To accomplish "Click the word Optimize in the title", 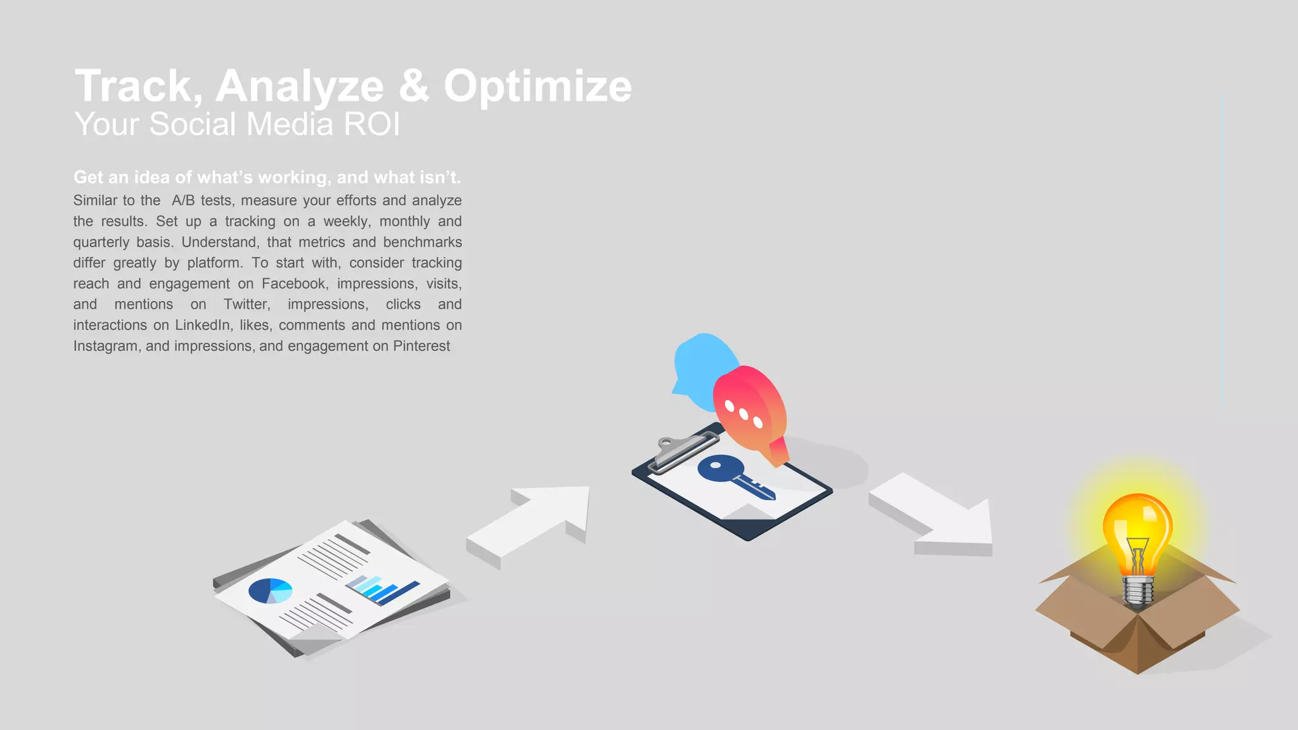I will click(x=537, y=86).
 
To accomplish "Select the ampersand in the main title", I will click(x=413, y=86).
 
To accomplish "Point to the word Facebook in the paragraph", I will click(x=294, y=284).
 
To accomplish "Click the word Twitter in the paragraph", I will click(x=247, y=305).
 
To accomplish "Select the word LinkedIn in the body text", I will click(x=202, y=326).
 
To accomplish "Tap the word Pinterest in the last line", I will click(x=421, y=347).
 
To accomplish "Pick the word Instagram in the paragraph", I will click(x=105, y=347).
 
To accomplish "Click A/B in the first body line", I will click(x=183, y=201).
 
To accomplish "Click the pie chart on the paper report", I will click(x=270, y=591).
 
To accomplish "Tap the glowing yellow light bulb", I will click(x=1137, y=532).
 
